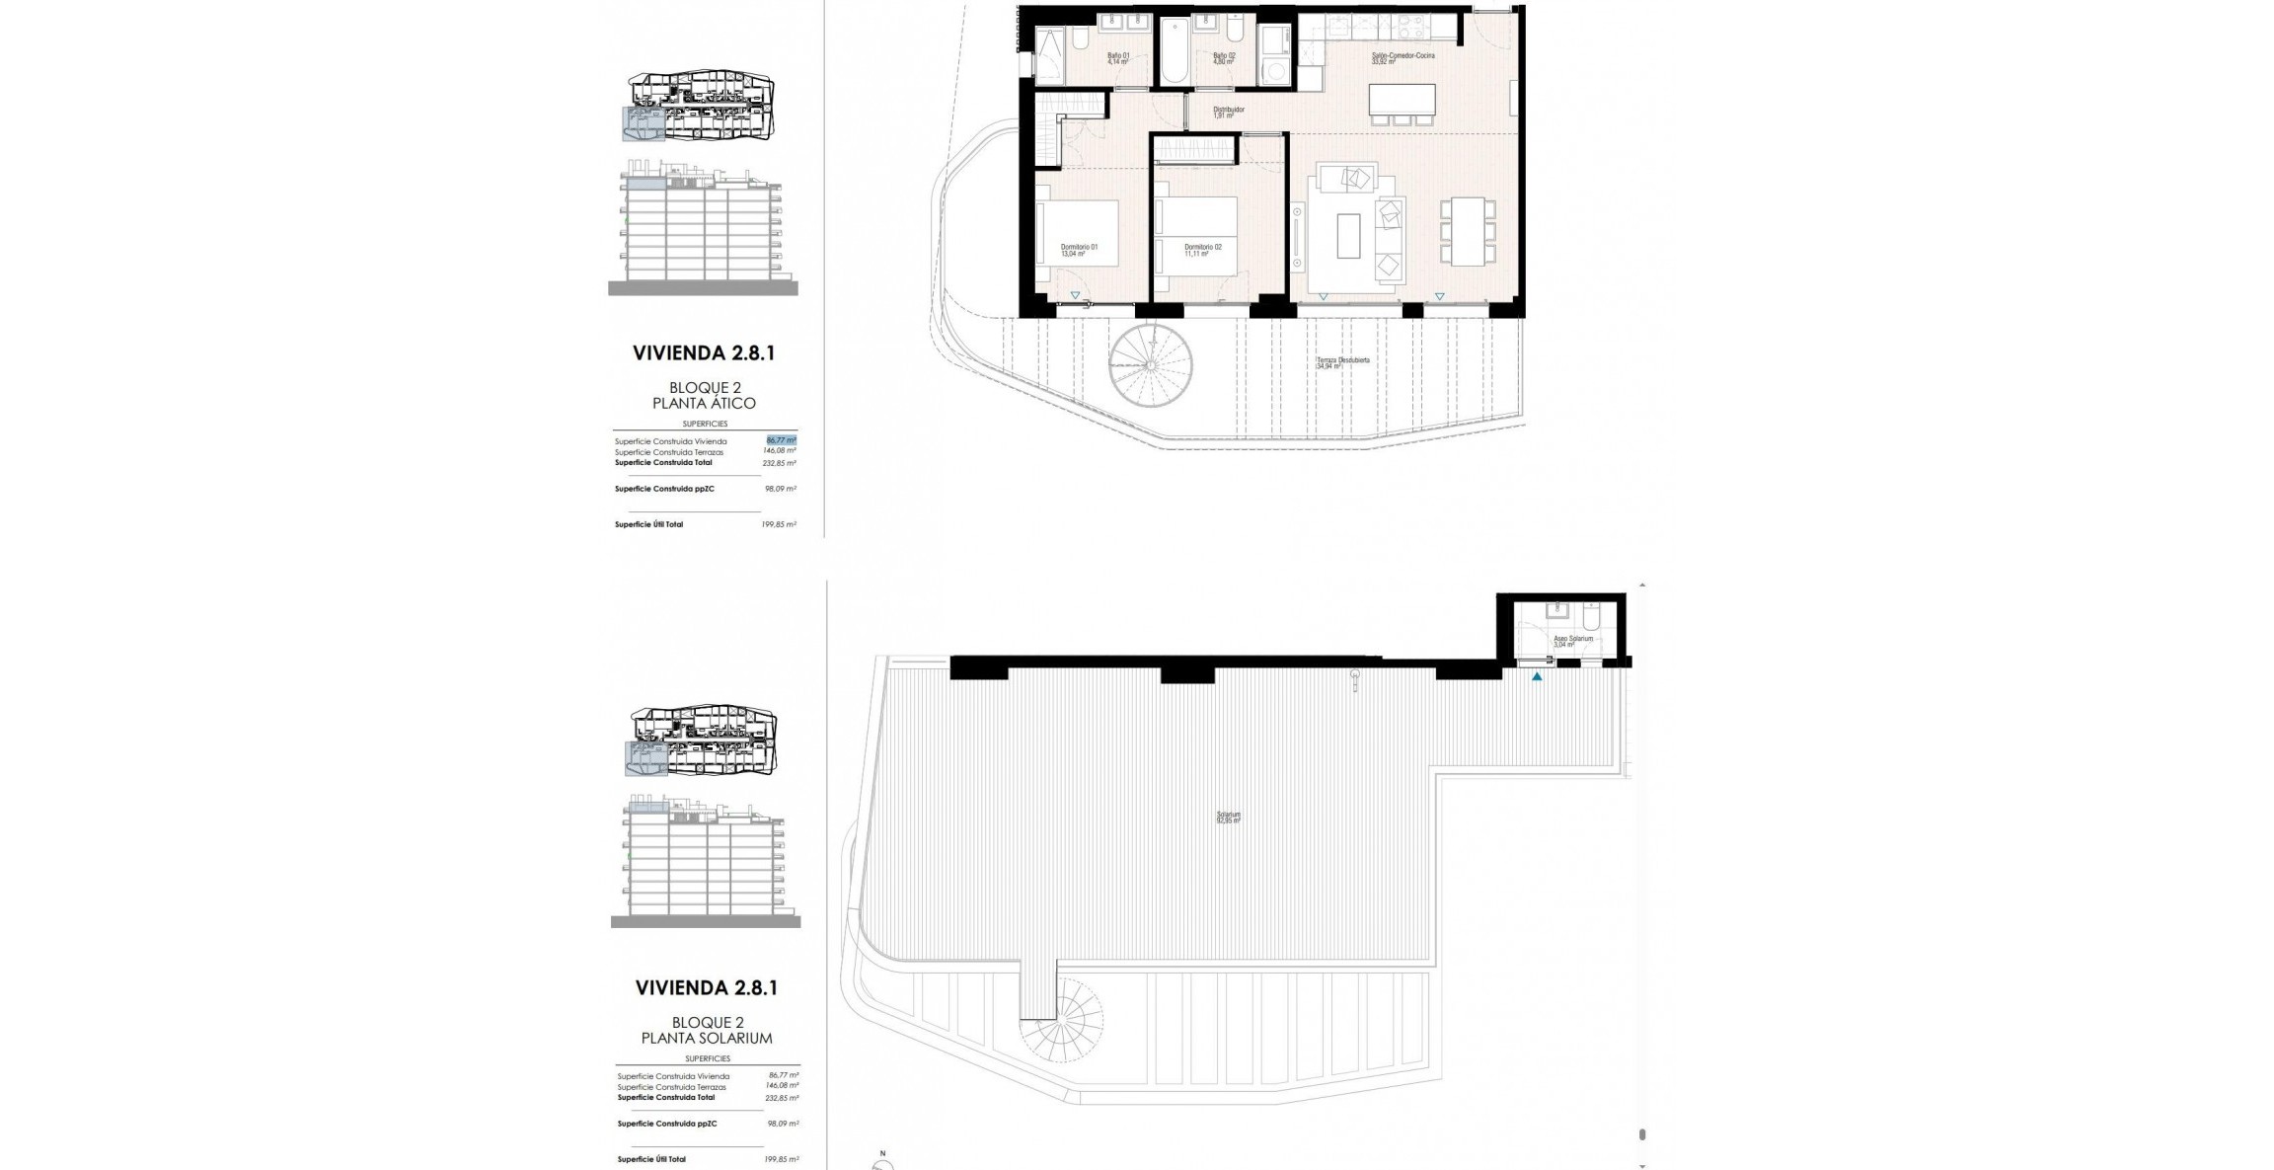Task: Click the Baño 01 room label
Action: [1117, 58]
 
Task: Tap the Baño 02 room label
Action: [1224, 58]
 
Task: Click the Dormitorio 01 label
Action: [1078, 250]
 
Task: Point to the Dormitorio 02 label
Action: [1202, 250]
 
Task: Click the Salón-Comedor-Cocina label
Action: [1402, 58]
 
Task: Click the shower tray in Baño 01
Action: [1048, 55]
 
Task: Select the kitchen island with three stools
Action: [1402, 100]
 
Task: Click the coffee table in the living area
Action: [1348, 236]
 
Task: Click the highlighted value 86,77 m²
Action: [781, 440]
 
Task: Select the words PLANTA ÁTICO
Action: [704, 403]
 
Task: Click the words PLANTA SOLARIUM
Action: [707, 1038]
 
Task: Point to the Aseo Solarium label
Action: [1572, 641]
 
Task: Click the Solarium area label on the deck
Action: [1228, 818]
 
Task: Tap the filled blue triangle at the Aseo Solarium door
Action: [1537, 676]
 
